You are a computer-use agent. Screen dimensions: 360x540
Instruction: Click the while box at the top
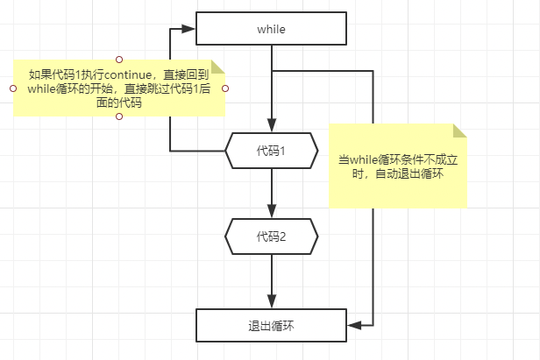tap(272, 29)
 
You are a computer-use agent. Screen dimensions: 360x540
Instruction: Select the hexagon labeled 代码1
tap(272, 151)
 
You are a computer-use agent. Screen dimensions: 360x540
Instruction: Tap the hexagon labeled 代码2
tap(272, 236)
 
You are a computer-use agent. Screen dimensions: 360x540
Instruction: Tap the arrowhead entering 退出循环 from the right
tap(354, 325)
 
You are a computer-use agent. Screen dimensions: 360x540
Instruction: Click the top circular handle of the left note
tap(119, 59)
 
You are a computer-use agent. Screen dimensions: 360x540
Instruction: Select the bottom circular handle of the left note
tap(119, 117)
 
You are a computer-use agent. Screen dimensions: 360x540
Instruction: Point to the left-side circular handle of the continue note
tap(13, 88)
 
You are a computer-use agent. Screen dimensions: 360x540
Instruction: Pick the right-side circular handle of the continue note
tap(225, 88)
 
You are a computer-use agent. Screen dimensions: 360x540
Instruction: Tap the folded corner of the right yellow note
tap(460, 131)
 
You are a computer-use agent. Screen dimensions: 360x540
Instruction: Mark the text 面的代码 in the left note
tap(119, 102)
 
